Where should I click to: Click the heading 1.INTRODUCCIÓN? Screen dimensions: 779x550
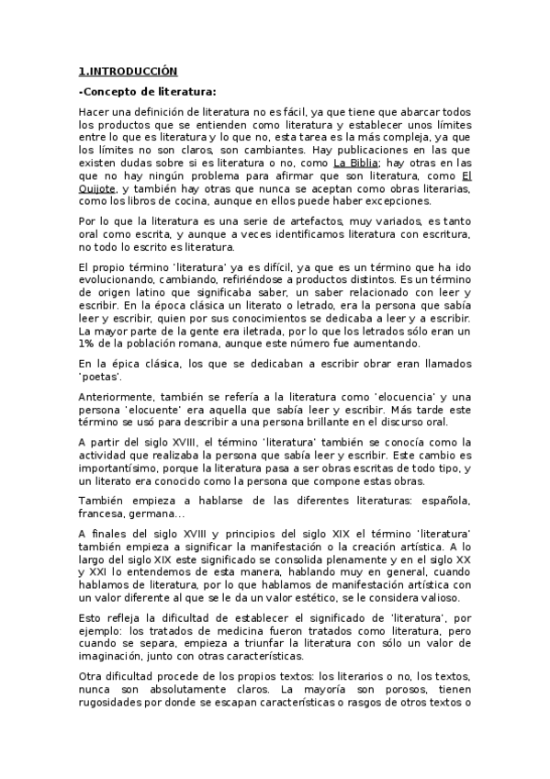click(x=128, y=70)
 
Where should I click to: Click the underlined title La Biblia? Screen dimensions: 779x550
click(x=355, y=163)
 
